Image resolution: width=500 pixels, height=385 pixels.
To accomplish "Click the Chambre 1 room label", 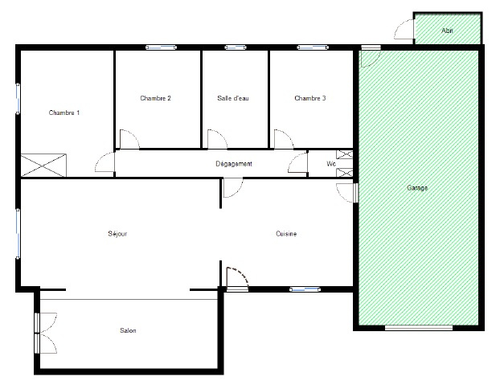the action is tap(64, 113).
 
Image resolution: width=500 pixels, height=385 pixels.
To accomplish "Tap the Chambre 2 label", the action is tap(155, 98).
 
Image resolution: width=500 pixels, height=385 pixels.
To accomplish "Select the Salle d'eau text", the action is tap(233, 98).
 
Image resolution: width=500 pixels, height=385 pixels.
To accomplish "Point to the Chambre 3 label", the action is tap(310, 98).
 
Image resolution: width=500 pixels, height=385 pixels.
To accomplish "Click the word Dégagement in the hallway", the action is tap(234, 164).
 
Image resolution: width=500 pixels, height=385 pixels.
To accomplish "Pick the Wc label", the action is tap(331, 164).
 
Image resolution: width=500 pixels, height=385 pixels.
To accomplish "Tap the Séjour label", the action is tap(117, 234).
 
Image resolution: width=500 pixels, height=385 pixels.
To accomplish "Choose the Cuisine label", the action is tap(286, 234).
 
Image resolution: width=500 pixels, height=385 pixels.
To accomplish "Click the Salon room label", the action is tap(128, 330).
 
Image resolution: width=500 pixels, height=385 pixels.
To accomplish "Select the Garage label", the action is tap(417, 188).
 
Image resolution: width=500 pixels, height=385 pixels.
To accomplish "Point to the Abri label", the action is tap(447, 31).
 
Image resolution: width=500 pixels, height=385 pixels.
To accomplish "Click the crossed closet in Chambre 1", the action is tap(43, 165).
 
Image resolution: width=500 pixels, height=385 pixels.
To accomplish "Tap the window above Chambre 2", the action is tap(161, 47).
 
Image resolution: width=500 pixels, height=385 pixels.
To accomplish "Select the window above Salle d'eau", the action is tap(236, 47).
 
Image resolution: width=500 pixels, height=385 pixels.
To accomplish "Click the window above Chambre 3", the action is tap(313, 47).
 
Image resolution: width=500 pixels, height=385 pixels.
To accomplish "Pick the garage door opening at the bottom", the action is tap(419, 327).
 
